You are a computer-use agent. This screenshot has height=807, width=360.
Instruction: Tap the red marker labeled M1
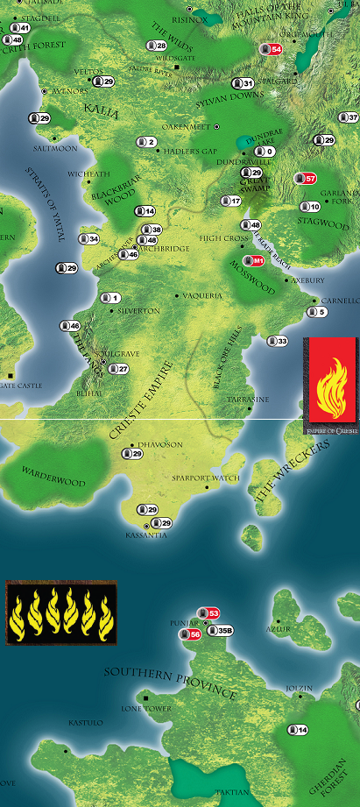tap(254, 260)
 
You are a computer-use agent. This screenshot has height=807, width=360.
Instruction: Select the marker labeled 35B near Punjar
tap(221, 629)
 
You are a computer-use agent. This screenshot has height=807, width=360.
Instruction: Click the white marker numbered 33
tap(278, 341)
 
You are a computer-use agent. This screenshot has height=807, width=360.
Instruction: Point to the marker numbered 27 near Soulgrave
tap(118, 369)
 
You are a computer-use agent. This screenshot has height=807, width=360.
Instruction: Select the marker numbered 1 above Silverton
tap(110, 297)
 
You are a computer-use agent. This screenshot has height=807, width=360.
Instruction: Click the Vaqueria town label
tap(203, 297)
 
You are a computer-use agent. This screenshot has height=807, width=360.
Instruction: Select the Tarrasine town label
tap(249, 399)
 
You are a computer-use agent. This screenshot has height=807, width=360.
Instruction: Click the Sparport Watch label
tap(207, 478)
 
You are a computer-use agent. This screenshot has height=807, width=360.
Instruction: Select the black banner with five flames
tap(60, 612)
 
